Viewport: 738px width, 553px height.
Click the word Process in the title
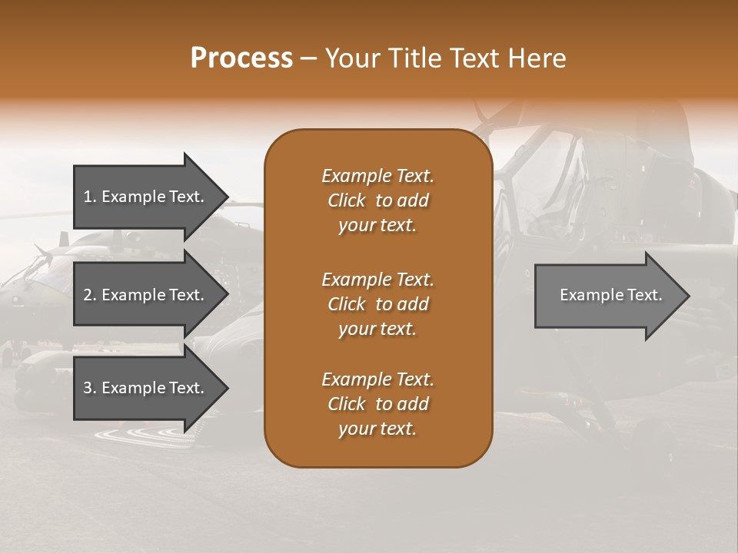click(241, 58)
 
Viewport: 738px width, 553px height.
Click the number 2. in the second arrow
click(90, 295)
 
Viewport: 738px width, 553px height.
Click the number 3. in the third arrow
click(90, 388)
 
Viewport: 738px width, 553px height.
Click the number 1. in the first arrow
click(89, 197)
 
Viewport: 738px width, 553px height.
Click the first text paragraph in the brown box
click(377, 200)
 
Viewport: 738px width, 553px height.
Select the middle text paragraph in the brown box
click(377, 304)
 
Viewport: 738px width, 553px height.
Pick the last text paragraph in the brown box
click(377, 404)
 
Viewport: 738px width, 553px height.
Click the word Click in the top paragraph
click(346, 200)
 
